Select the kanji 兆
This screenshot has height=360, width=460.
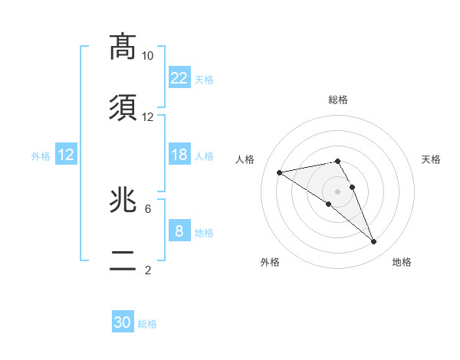coord(123,200)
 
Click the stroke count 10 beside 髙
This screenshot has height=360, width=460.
coord(148,56)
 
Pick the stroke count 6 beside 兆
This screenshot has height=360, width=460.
coord(148,208)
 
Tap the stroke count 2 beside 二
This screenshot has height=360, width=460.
coord(148,270)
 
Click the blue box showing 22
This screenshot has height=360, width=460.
coord(179,77)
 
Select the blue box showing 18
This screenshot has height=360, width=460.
coord(179,155)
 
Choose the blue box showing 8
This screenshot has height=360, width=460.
coord(179,231)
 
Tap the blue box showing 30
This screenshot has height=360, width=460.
coord(123,322)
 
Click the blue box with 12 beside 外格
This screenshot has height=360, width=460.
coord(65,155)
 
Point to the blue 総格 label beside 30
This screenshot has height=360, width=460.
coord(147,324)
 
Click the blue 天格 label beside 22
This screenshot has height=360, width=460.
coord(204,79)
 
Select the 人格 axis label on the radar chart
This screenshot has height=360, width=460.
coord(246,159)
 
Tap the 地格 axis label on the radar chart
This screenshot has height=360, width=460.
coord(402,262)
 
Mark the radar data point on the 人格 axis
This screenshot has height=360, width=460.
coord(280,172)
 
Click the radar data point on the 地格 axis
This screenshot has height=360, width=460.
coord(373,242)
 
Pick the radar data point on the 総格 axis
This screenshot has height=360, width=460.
coord(337,161)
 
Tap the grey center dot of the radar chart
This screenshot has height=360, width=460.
coord(337,191)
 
